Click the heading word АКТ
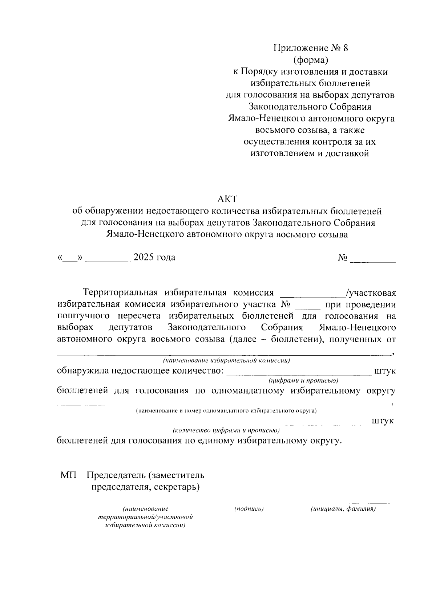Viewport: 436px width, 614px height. [227, 199]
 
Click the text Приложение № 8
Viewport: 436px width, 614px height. [310, 48]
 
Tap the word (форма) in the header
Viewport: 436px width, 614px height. [310, 60]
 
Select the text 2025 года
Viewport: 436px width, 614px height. [154, 258]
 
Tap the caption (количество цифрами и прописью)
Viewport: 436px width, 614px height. [226, 431]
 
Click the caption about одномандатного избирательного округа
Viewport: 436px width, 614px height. [226, 411]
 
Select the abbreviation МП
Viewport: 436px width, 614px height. [69, 475]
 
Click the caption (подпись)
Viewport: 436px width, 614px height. [249, 509]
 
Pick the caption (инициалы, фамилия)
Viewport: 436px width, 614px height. [343, 509]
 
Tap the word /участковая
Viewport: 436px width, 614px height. [371, 293]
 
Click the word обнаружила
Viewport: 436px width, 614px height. [83, 371]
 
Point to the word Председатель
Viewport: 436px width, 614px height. [116, 475]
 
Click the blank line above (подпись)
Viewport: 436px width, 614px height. [249, 503]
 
